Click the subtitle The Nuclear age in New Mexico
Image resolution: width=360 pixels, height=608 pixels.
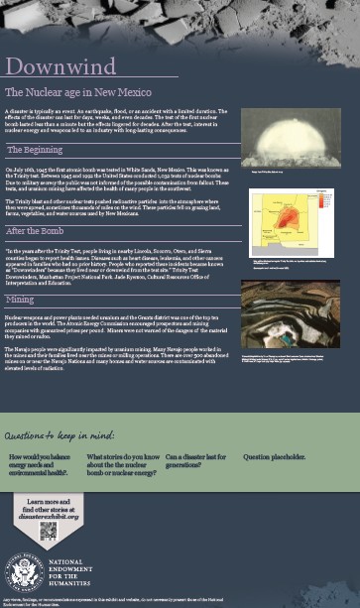tap(78, 91)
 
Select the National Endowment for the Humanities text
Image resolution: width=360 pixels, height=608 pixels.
tap(70, 574)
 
